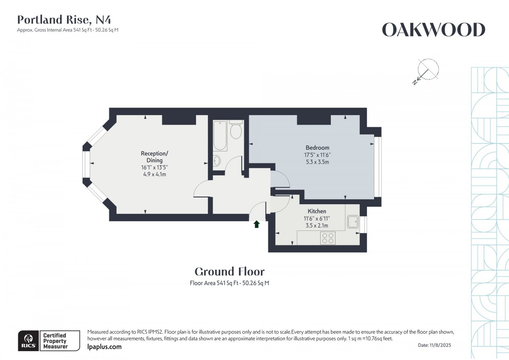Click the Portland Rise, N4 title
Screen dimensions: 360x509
[x=64, y=20]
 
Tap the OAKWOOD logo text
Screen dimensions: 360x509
[x=433, y=30]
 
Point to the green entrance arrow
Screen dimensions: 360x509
[x=256, y=224]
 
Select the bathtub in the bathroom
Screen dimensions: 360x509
[x=220, y=135]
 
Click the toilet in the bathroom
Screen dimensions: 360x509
[x=236, y=130]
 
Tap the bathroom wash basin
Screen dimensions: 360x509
[x=217, y=161]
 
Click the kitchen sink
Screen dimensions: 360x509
[x=353, y=222]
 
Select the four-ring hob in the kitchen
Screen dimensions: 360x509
[x=327, y=238]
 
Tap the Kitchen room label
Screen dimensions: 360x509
[x=317, y=211]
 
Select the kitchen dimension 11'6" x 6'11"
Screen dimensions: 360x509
[x=317, y=219]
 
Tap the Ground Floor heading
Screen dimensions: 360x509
[x=229, y=272]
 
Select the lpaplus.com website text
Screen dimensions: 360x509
[x=104, y=347]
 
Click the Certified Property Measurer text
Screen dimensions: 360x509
[x=55, y=341]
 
